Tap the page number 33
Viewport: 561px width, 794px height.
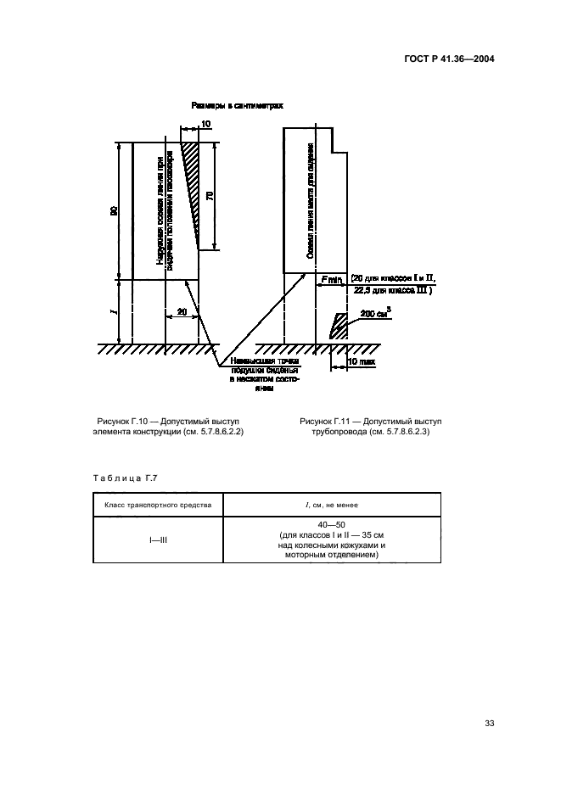(489, 723)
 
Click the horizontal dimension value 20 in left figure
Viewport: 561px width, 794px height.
(182, 312)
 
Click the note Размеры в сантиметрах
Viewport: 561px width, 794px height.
(236, 106)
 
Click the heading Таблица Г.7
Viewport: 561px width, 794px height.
(124, 478)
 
